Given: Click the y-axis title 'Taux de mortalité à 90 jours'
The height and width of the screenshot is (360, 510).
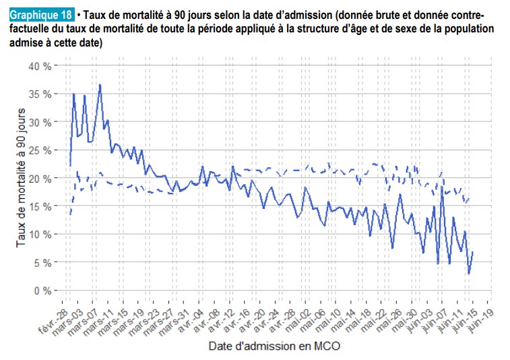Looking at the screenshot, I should [22, 177].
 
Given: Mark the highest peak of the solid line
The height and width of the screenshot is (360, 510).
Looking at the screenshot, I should [100, 85].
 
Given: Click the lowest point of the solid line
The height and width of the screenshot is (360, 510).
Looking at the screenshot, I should [469, 273].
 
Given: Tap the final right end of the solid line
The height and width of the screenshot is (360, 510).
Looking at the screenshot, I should [473, 251].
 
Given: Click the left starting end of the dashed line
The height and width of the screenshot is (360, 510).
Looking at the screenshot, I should [70, 215].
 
